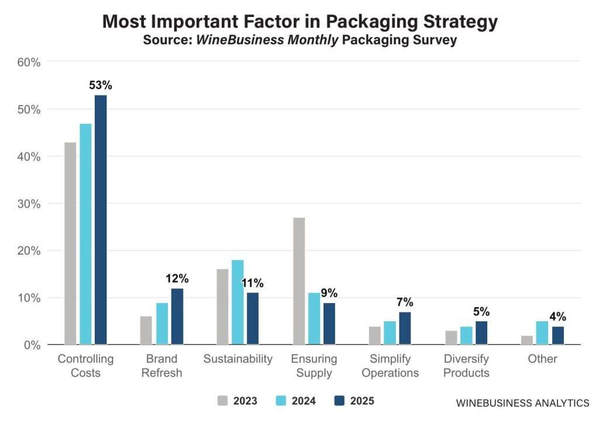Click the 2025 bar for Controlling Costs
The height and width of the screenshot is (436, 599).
(101, 219)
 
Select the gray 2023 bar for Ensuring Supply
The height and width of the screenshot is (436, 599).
(298, 281)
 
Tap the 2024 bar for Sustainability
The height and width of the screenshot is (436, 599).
(237, 302)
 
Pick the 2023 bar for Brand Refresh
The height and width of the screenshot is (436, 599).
(146, 330)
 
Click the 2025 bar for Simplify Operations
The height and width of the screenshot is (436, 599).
(405, 328)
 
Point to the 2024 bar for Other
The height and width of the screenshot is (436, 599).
(542, 332)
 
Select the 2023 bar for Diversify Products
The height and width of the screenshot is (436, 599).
(450, 338)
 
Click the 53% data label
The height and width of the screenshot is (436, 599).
(101, 85)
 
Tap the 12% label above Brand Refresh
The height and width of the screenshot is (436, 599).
(177, 279)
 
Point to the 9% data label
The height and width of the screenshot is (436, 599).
(329, 293)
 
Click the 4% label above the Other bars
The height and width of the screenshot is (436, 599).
(557, 317)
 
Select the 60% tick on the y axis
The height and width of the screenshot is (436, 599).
(28, 62)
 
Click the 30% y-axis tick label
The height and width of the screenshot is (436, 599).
(28, 204)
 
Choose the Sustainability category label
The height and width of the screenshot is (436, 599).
(237, 359)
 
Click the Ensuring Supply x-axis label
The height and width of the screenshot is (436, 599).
(314, 366)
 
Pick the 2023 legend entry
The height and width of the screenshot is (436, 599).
(237, 401)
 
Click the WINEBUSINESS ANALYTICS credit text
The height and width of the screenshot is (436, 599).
(522, 403)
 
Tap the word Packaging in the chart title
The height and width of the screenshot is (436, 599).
(370, 22)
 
